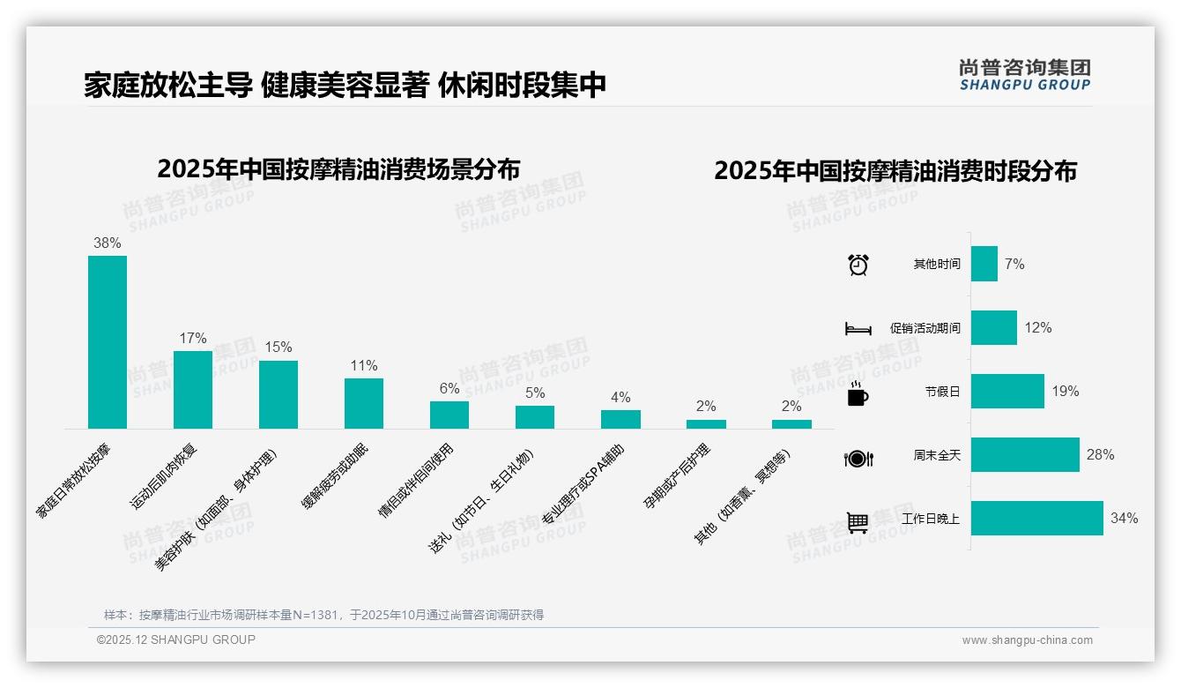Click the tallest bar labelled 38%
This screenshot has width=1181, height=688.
click(108, 342)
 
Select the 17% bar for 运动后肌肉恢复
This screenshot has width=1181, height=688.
click(193, 390)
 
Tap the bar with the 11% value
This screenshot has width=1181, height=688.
click(364, 403)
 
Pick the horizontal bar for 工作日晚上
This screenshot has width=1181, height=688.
click(1037, 519)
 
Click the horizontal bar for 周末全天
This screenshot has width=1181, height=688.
click(1025, 455)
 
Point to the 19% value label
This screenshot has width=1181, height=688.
click(1065, 392)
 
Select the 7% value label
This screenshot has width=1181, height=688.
click(1014, 265)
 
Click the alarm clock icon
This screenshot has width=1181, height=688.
click(858, 265)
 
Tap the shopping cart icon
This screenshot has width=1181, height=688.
click(858, 522)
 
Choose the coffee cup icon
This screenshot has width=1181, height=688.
click(858, 394)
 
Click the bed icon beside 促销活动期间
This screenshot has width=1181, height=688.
click(858, 329)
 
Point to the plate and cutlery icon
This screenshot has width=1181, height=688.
click(858, 459)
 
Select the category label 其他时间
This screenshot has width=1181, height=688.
click(937, 265)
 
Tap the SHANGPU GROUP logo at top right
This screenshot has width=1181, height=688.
click(1025, 75)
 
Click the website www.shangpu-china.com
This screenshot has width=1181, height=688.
click(1027, 640)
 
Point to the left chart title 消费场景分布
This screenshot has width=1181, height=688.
click(338, 169)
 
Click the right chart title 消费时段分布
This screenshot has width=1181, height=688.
click(895, 171)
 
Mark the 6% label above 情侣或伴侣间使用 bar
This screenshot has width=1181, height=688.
click(449, 389)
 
